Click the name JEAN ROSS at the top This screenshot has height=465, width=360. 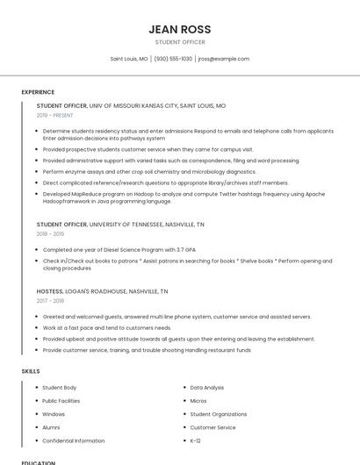(x=179, y=29)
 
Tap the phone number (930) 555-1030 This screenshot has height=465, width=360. (x=173, y=59)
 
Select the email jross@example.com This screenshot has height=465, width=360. (x=223, y=59)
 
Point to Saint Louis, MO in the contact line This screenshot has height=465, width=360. (x=129, y=59)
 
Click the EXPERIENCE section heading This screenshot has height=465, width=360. (x=38, y=92)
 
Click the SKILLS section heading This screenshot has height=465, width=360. (x=31, y=371)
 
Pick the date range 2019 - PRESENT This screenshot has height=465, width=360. (x=55, y=115)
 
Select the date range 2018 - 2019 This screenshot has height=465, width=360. (x=50, y=234)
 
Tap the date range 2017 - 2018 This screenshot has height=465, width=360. (x=50, y=301)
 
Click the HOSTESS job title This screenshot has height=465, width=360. (x=49, y=291)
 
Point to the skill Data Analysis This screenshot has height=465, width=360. (x=207, y=387)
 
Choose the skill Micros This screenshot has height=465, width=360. (x=198, y=400)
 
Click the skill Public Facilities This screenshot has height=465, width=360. (x=61, y=400)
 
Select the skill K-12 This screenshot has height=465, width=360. (x=196, y=440)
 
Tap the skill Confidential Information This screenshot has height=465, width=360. (x=74, y=440)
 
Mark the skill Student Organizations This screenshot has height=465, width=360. (x=219, y=414)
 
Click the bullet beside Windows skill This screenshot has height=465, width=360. (x=36, y=414)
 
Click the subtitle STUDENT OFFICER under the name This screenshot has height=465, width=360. (x=179, y=42)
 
